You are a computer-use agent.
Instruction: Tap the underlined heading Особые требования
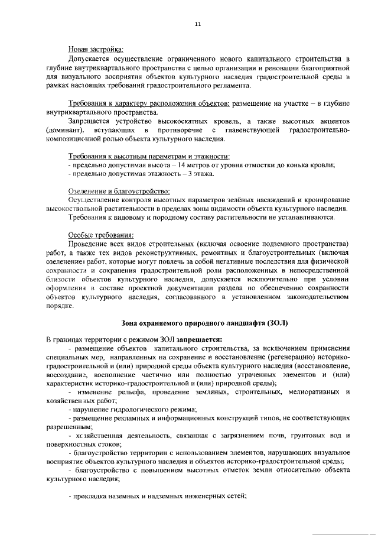click(x=96, y=235)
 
